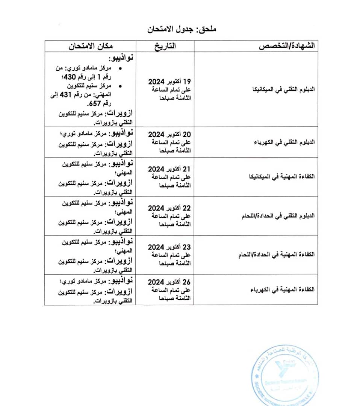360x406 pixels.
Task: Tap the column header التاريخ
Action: (x=165, y=46)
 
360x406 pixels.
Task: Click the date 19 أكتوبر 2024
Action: (x=169, y=82)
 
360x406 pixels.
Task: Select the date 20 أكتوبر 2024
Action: (x=169, y=134)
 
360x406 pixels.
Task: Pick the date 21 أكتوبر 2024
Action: (x=169, y=169)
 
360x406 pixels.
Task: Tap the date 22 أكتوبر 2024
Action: (x=169, y=208)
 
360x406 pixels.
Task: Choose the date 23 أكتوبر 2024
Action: (x=169, y=247)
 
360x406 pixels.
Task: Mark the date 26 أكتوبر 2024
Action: (x=169, y=282)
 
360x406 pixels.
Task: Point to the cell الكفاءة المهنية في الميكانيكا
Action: (x=282, y=177)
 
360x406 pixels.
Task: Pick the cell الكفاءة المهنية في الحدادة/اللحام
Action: (x=276, y=255)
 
